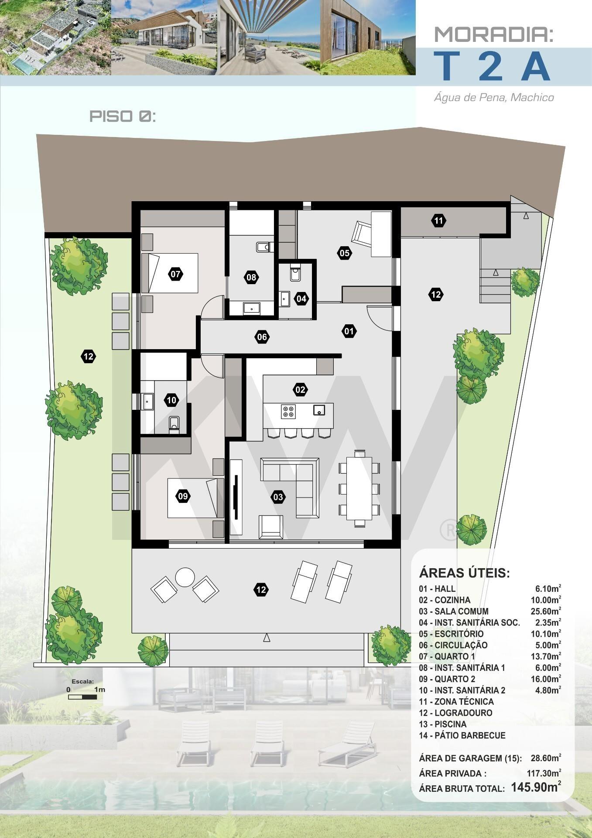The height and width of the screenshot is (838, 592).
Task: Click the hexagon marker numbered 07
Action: click(175, 275)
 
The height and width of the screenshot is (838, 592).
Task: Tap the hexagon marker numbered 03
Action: click(278, 497)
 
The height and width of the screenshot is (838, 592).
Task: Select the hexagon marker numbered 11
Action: click(439, 220)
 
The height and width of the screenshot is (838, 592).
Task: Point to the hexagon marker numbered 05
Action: click(345, 253)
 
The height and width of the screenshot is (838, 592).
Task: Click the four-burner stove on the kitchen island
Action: click(288, 412)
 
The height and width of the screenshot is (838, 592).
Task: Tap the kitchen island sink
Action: click(319, 410)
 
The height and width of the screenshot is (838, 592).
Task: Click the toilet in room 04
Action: click(295, 272)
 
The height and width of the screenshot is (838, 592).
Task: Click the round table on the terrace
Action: click(185, 577)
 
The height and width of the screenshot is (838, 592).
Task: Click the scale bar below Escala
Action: click(83, 697)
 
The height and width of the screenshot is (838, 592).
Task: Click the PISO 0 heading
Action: click(123, 116)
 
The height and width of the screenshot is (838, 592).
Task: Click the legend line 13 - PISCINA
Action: click(443, 724)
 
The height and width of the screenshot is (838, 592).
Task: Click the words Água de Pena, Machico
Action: click(494, 97)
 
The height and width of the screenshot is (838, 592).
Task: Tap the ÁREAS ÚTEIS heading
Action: click(464, 573)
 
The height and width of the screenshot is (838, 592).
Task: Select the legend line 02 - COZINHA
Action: click(445, 600)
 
